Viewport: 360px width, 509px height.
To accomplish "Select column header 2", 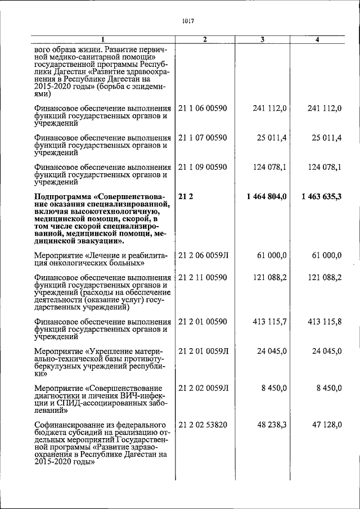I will [x=205, y=39].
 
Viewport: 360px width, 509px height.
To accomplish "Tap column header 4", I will [x=318, y=39].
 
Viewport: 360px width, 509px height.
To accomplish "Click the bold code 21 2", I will [x=186, y=196].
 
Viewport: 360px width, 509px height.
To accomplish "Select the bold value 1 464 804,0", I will [x=267, y=196].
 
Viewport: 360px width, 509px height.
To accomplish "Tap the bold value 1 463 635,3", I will [x=322, y=196].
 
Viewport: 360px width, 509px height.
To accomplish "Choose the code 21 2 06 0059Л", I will [x=203, y=255].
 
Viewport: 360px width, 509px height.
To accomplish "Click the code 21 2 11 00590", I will [x=202, y=277].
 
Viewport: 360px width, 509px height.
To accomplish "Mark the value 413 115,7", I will [x=269, y=322].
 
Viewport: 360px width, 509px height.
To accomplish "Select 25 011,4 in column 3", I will [x=272, y=137].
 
